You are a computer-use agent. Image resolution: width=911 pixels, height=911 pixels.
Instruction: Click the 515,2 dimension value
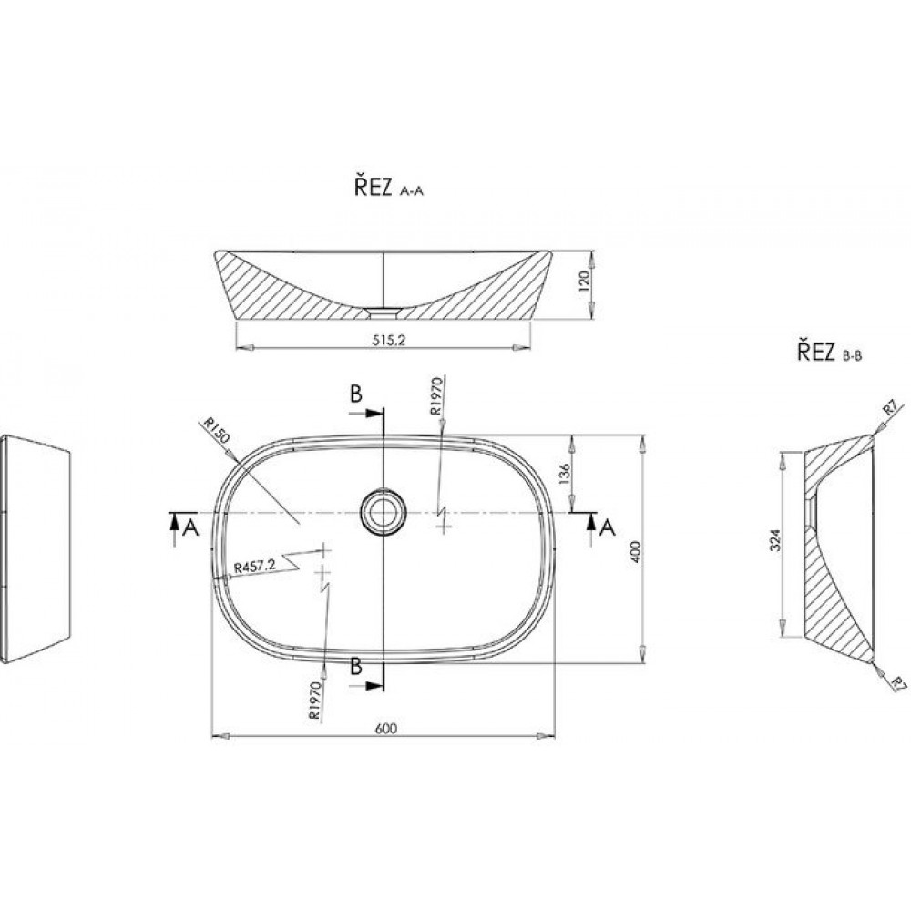point(388,341)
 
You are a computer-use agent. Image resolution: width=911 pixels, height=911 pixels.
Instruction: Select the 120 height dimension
point(585,281)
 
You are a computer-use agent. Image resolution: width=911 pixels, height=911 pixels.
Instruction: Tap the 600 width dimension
point(385,729)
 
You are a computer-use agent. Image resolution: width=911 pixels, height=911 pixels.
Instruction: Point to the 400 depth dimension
point(635,551)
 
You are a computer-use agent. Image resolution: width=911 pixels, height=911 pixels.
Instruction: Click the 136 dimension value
point(563,474)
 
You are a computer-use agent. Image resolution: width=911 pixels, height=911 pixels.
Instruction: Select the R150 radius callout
point(218,430)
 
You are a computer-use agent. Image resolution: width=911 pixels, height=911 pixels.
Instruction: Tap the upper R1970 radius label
point(435,395)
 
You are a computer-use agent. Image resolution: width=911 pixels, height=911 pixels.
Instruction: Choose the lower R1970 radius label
point(315,700)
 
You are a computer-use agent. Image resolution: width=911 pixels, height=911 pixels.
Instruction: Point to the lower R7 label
point(898,684)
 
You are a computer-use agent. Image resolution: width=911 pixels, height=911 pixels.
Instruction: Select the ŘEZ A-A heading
point(389,187)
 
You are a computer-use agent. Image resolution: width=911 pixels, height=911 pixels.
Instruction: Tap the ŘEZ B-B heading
point(830,352)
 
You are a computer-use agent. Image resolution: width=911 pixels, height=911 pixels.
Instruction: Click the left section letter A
point(190,527)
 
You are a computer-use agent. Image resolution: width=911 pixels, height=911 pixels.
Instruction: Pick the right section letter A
point(607,527)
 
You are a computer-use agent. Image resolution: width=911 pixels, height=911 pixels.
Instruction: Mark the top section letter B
point(356,394)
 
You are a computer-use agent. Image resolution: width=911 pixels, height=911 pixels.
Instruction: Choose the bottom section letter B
point(356,667)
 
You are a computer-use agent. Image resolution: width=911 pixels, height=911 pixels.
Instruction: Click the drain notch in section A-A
point(383,313)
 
